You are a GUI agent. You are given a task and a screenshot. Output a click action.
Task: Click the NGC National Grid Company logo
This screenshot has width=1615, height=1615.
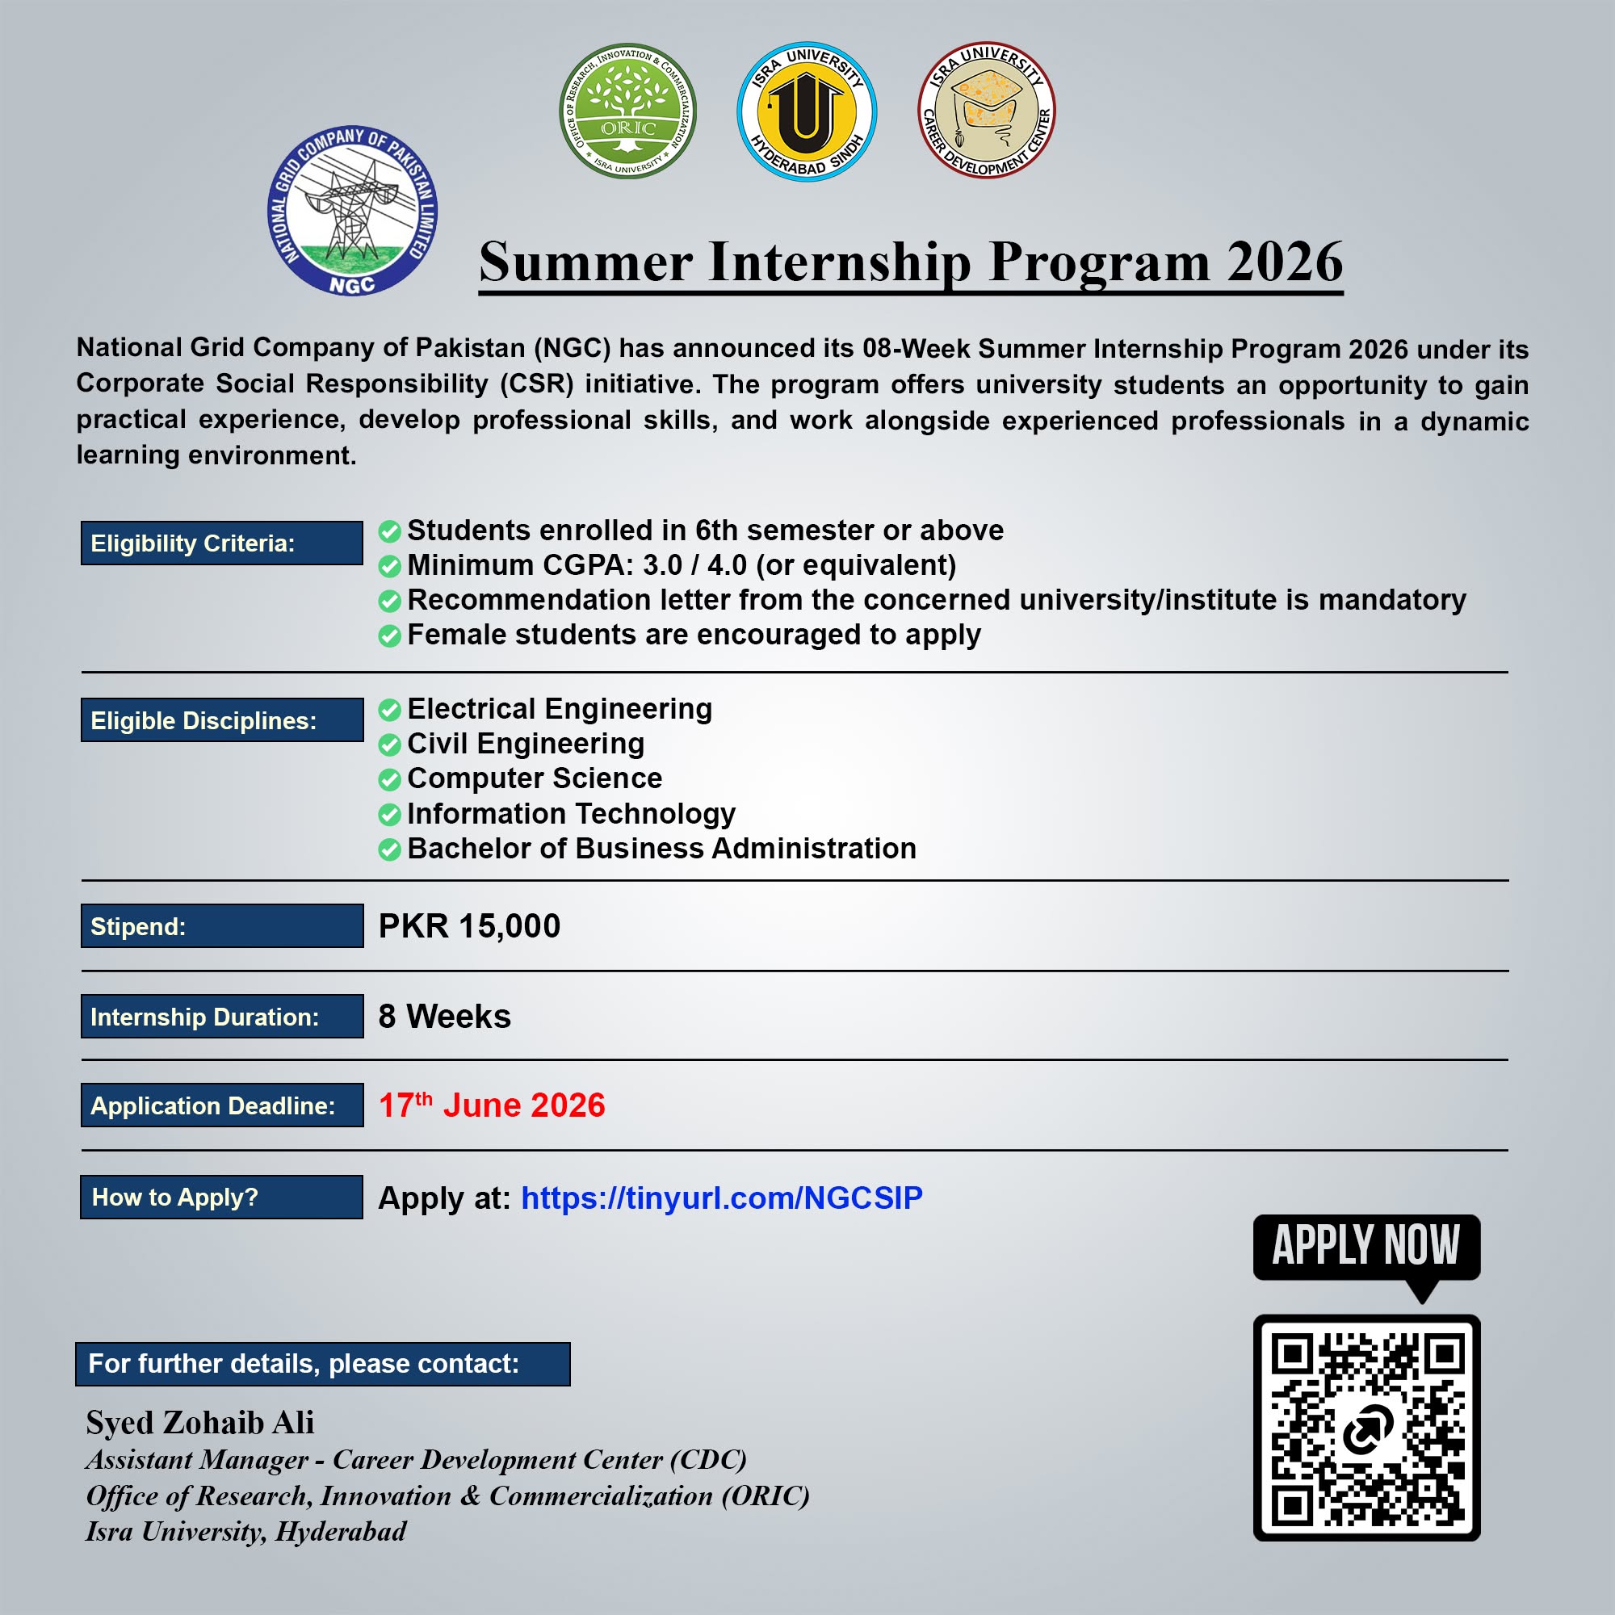(353, 211)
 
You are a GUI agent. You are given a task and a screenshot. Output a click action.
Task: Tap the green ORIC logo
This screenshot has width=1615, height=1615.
(627, 111)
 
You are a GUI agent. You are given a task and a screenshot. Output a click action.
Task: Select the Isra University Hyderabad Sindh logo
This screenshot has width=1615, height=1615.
(807, 111)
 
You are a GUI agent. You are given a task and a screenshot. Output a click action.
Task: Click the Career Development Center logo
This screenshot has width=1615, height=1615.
(987, 111)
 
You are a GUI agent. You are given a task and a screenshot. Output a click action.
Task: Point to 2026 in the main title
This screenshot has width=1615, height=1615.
(1285, 262)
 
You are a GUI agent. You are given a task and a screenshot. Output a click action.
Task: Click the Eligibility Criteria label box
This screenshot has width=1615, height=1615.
(221, 543)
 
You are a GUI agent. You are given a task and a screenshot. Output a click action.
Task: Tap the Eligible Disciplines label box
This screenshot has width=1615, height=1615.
(222, 719)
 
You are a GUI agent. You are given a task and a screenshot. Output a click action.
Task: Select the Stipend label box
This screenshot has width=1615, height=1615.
(222, 925)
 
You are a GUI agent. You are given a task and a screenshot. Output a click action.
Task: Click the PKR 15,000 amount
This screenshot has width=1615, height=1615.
(469, 926)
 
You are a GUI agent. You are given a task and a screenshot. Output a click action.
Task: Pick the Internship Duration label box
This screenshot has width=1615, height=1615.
(222, 1016)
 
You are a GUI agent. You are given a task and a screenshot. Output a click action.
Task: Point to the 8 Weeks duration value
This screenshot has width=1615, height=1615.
(445, 1017)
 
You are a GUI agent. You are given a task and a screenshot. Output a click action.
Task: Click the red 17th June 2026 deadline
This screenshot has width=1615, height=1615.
(492, 1105)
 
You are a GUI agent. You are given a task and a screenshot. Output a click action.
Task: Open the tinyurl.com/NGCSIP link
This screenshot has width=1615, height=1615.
(722, 1198)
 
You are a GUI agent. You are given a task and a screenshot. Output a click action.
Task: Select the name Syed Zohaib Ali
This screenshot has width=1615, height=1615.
(200, 1423)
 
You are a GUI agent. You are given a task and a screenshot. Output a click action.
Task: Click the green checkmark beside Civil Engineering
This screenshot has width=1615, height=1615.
(389, 744)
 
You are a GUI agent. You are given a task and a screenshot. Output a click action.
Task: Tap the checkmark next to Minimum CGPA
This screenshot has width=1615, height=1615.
(389, 566)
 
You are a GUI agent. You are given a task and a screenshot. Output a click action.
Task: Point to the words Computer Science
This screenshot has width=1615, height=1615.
(535, 778)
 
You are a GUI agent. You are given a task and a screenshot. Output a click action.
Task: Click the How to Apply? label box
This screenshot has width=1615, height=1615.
(221, 1197)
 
